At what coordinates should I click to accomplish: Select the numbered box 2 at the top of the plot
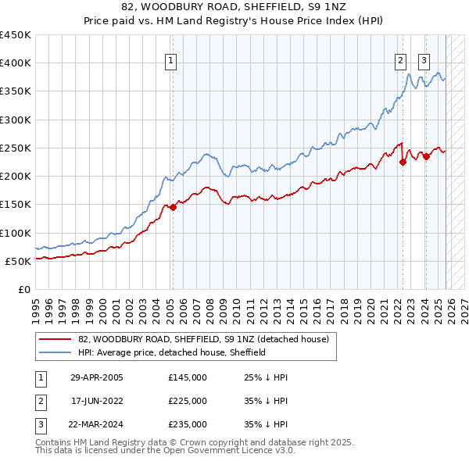click(400, 62)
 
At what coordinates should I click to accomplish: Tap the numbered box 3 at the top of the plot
click(424, 62)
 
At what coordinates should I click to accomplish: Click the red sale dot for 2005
click(173, 207)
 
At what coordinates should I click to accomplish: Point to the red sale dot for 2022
click(403, 163)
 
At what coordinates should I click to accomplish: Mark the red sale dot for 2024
click(426, 156)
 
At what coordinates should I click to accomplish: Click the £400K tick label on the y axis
click(16, 63)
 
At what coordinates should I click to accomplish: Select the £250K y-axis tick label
click(16, 148)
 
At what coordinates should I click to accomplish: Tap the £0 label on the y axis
click(25, 289)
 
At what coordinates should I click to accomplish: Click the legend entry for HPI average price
click(172, 352)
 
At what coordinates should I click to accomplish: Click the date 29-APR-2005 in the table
click(96, 377)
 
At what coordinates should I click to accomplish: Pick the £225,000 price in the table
click(188, 401)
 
